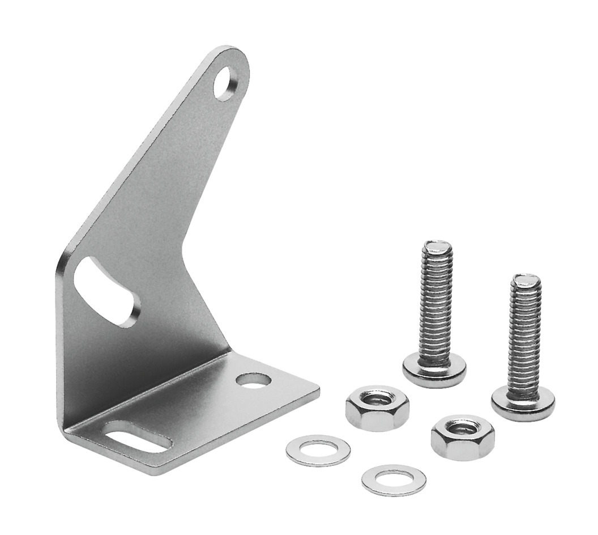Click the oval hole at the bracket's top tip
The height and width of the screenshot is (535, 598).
pos(227,83)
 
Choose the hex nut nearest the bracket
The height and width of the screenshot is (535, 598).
pos(377,408)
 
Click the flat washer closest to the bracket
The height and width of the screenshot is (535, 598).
pos(318,450)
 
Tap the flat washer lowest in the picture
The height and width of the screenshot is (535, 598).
pos(394,480)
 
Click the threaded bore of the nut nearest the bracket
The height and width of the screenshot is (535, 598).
pos(377,400)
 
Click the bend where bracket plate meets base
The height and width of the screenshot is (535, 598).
pos(147,391)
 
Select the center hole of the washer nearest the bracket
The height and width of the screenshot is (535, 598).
pos(318,450)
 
